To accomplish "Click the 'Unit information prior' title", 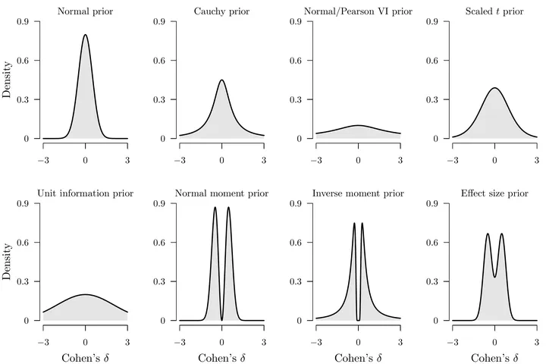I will pyautogui.click(x=85, y=193).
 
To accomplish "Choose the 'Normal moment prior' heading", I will pyautogui.click(x=221, y=193).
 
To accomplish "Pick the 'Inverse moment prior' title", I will pyautogui.click(x=358, y=193).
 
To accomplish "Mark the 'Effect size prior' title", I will pyautogui.click(x=494, y=193).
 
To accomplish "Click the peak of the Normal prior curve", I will pyautogui.click(x=85, y=34).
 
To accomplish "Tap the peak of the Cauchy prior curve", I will pyautogui.click(x=221, y=80).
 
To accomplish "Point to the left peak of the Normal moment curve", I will pyautogui.click(x=215, y=207).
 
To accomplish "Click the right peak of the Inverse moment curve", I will pyautogui.click(x=362, y=223).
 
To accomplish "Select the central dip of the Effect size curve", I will pyautogui.click(x=494, y=277).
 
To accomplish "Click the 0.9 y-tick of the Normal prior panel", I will pyautogui.click(x=26, y=21).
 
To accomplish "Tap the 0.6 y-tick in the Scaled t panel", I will pyautogui.click(x=435, y=61).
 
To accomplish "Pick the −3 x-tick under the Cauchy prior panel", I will pyautogui.click(x=179, y=160).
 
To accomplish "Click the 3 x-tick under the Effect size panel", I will pyautogui.click(x=537, y=342).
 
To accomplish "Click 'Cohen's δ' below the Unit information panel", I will pyautogui.click(x=85, y=357).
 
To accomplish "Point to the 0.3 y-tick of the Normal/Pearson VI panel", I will pyautogui.click(x=299, y=100).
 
